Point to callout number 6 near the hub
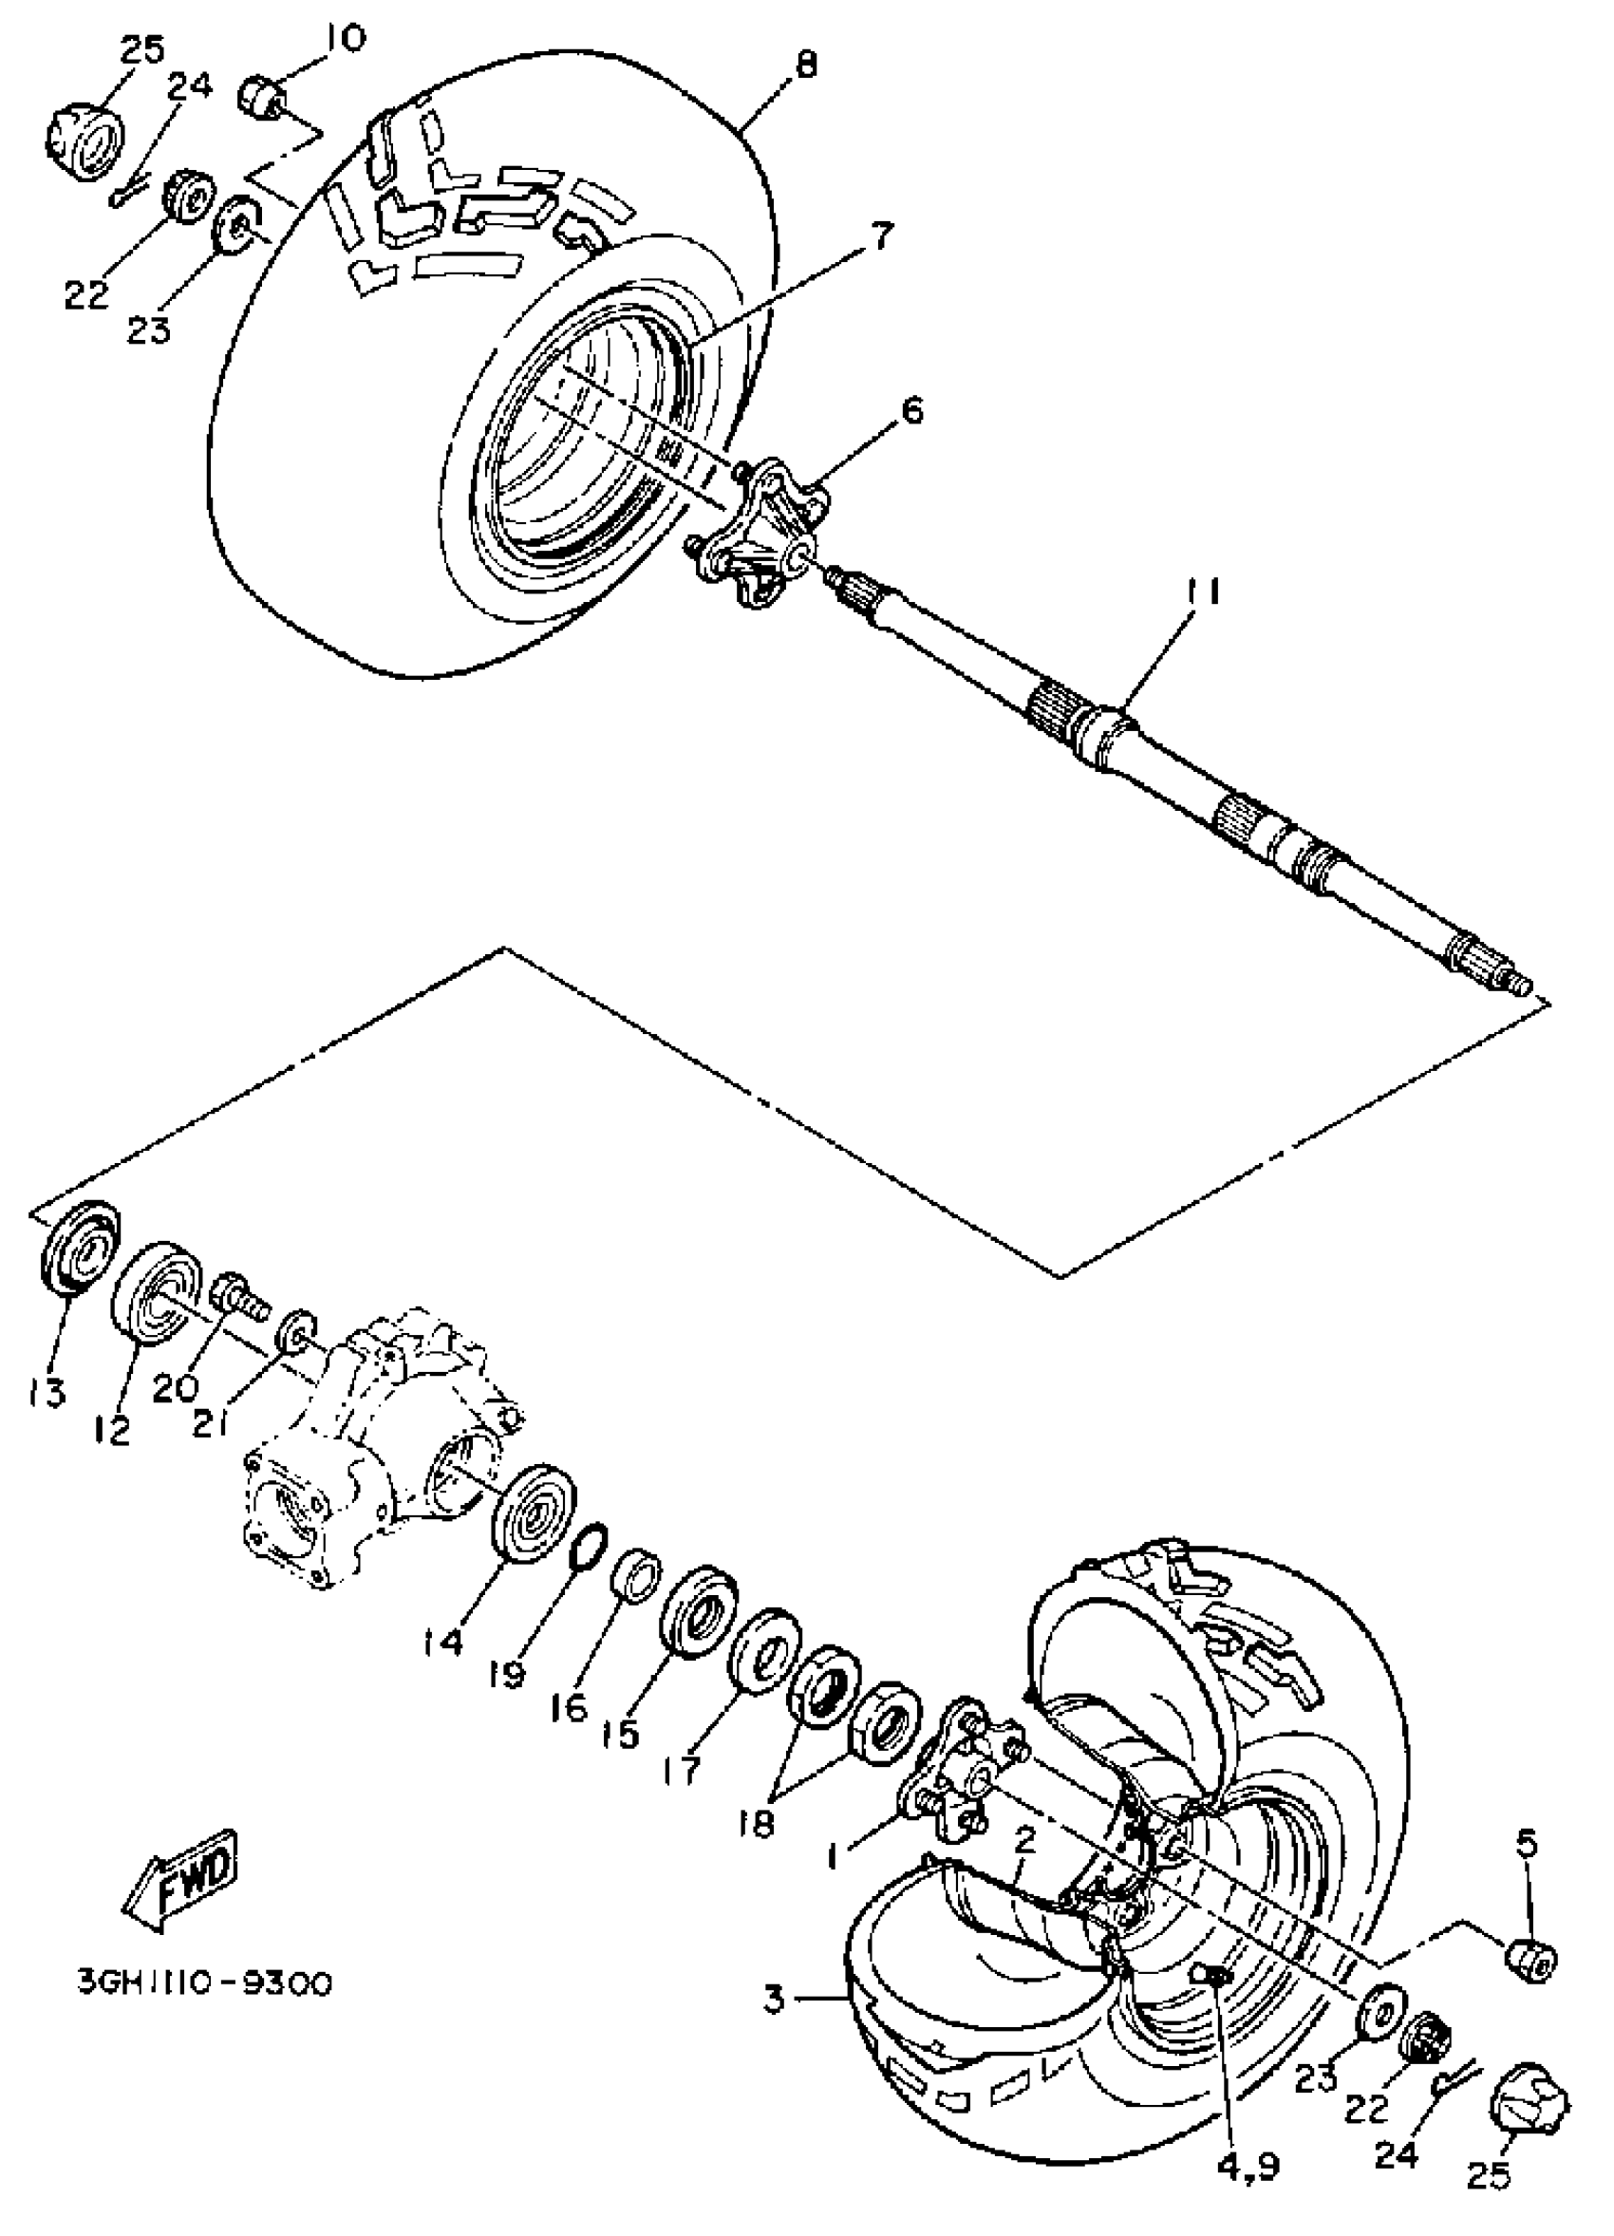coord(913,409)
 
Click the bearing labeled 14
coord(533,1513)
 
